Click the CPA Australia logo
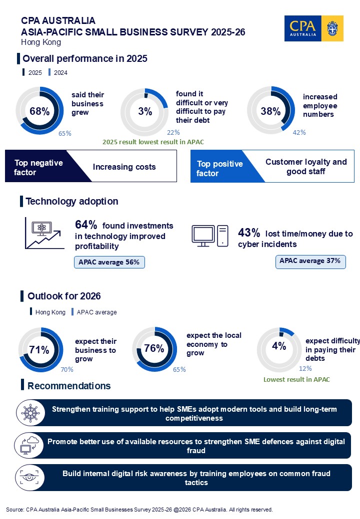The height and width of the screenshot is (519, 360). [313, 28]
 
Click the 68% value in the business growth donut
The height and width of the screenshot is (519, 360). [39, 111]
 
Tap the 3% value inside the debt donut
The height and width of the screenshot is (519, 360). [145, 111]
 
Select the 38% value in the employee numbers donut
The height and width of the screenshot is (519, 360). [270, 111]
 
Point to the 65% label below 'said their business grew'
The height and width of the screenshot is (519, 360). [65, 133]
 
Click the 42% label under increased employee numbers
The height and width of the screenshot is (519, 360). [299, 132]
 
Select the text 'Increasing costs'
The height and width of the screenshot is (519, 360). [124, 167]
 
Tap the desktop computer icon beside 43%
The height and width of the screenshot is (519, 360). [210, 236]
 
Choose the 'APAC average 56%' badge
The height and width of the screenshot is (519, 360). [109, 262]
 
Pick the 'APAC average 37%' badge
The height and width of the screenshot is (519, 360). [310, 261]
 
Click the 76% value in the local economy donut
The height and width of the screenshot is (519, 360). [154, 348]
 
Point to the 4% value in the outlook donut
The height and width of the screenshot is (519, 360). [279, 346]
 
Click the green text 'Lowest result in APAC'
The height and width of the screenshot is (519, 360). [296, 379]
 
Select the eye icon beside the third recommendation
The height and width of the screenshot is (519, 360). [28, 478]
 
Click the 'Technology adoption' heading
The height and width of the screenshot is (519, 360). [72, 201]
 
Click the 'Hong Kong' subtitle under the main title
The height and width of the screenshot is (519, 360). [40, 42]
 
